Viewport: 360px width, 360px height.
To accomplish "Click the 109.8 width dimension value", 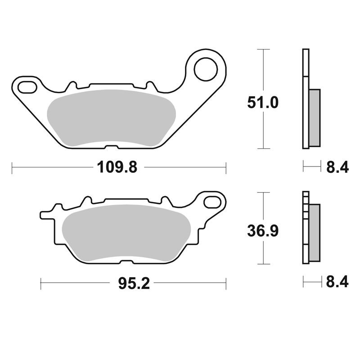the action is (117, 167).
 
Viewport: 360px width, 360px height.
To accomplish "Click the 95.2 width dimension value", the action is (134, 283).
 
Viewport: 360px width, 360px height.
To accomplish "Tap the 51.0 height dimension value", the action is (263, 103).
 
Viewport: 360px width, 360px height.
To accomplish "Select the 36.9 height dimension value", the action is (263, 231).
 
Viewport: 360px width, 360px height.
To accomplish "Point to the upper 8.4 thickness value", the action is (337, 167).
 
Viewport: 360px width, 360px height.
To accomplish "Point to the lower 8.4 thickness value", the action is (337, 282).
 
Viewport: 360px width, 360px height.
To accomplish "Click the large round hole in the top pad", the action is (206, 69).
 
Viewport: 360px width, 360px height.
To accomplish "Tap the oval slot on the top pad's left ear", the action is (27, 87).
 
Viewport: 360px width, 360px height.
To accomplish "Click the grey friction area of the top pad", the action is (111, 118).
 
